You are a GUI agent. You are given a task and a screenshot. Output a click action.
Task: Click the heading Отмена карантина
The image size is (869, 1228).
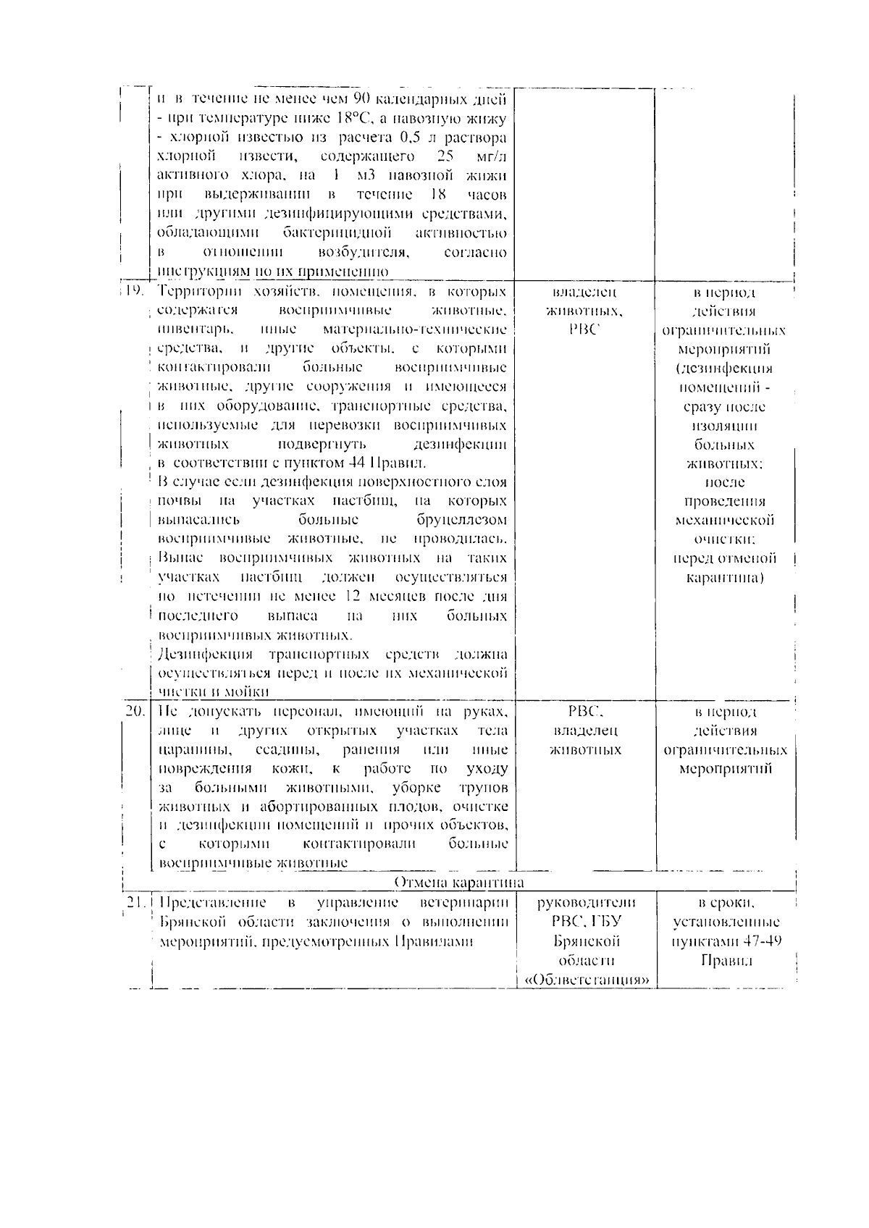(x=459, y=882)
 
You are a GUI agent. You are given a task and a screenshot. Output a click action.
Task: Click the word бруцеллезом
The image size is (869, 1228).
(x=462, y=520)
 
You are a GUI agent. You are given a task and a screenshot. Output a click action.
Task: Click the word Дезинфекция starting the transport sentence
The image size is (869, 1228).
(x=205, y=655)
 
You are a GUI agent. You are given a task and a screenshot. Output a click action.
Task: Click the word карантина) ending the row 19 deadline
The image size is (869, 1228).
(x=724, y=578)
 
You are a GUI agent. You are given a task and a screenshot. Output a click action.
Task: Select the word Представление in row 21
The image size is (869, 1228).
(x=212, y=903)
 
